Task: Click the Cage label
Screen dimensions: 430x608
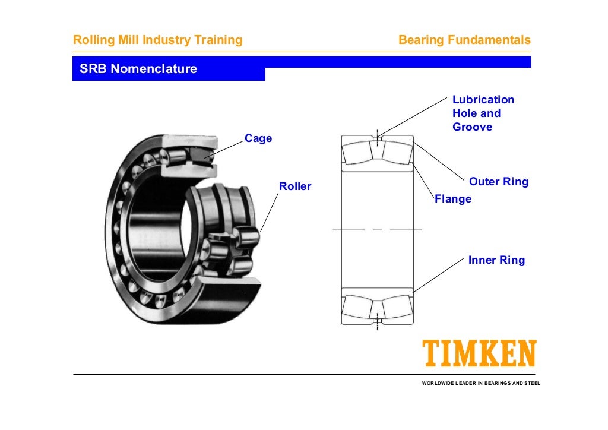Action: [258, 138]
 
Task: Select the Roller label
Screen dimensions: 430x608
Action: [295, 186]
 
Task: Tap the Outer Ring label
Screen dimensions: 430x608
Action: [498, 182]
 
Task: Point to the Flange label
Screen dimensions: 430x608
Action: [453, 199]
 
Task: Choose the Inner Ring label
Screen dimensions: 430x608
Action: [496, 260]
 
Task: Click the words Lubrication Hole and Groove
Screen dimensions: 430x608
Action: [483, 113]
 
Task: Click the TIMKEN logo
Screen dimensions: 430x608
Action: [479, 354]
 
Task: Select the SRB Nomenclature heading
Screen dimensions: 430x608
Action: [138, 69]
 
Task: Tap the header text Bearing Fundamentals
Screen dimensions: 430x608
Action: [464, 40]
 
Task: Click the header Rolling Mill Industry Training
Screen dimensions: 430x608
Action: [157, 40]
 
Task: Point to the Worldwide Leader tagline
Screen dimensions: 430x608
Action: [481, 383]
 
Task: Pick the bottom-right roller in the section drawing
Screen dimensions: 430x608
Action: [396, 306]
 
